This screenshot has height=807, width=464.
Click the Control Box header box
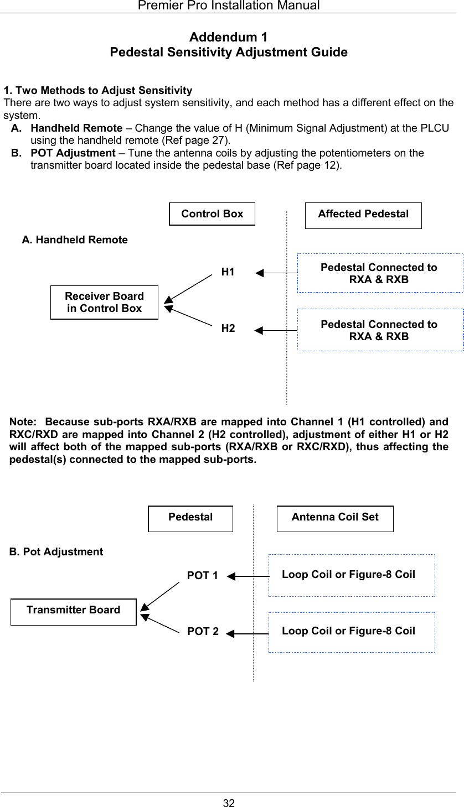(212, 214)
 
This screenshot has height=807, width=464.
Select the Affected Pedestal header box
(363, 215)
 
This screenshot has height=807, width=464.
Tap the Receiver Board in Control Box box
(104, 303)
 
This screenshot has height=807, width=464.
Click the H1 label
(228, 272)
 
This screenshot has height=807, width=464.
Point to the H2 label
(228, 329)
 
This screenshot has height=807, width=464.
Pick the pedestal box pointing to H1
(380, 273)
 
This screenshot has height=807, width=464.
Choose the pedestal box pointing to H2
(380, 330)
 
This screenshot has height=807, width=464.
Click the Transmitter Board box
(74, 611)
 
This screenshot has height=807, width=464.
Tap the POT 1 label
(202, 576)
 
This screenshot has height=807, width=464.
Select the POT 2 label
(203, 632)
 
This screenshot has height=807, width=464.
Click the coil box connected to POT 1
(351, 575)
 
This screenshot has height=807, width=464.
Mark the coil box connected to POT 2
(351, 632)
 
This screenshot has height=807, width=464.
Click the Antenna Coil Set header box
(335, 518)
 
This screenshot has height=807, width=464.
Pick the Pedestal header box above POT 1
(190, 518)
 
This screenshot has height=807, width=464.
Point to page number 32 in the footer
(229, 803)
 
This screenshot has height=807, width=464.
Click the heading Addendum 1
(228, 38)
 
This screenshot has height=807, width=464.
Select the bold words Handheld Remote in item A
(76, 128)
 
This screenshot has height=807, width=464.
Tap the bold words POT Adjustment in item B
(73, 153)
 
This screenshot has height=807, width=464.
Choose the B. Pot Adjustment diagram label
(56, 552)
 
